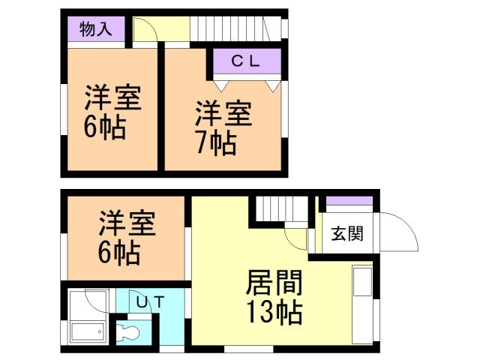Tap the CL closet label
pyautogui.click(x=244, y=62)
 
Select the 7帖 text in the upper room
pyautogui.click(x=217, y=142)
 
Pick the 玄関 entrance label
pyautogui.click(x=347, y=234)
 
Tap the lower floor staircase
pyautogui.click(x=280, y=209)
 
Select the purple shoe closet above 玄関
pyautogui.click(x=349, y=201)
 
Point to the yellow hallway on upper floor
pyautogui.click(x=172, y=31)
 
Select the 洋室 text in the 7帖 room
pyautogui.click(x=223, y=114)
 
